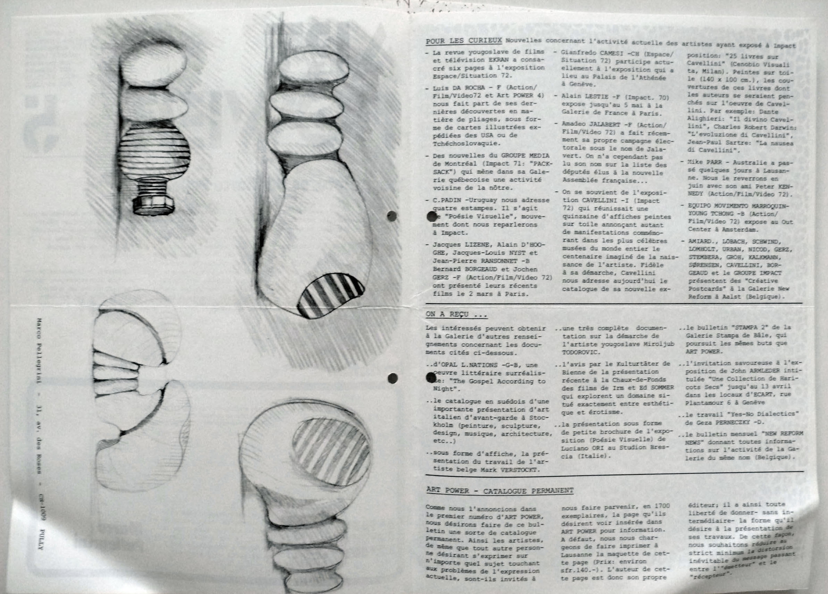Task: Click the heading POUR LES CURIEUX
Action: tap(464, 41)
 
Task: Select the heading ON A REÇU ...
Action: tap(456, 314)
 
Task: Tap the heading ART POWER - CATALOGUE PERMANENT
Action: tap(499, 491)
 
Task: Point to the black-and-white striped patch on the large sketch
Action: tap(330, 294)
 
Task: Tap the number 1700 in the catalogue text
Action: tap(662, 506)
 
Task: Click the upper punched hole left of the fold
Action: tap(392, 216)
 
